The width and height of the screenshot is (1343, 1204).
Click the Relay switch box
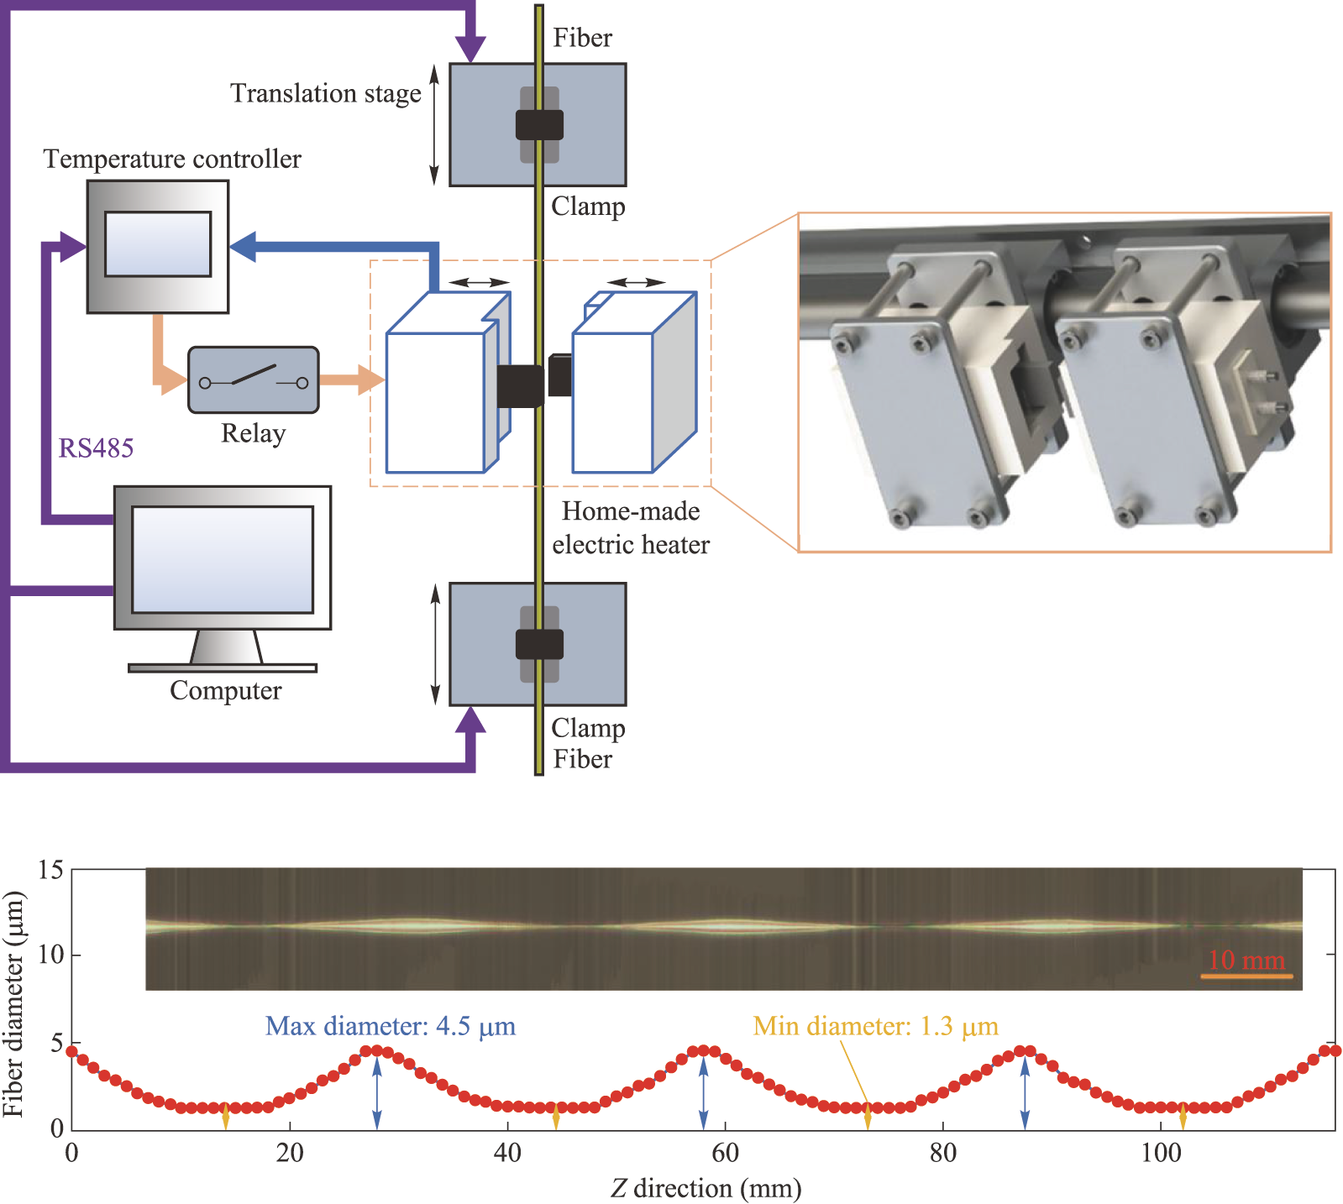(253, 380)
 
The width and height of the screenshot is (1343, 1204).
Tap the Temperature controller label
(172, 160)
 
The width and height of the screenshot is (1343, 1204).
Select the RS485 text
(96, 448)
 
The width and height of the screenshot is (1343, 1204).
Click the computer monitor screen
(223, 559)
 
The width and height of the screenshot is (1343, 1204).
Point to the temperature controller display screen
(158, 243)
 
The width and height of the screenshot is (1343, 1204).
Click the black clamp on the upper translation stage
(539, 125)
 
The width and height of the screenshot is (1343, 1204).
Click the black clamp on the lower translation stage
(539, 644)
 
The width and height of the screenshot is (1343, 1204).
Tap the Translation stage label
(326, 93)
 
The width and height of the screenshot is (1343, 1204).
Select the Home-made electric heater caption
(631, 528)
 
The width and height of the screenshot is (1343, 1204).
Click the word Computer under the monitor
(225, 691)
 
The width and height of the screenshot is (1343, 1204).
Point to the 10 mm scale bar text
(1246, 960)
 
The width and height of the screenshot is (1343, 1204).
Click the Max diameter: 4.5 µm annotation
(391, 1026)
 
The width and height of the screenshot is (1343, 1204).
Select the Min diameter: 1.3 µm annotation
(875, 1026)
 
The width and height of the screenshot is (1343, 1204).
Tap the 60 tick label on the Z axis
(725, 1153)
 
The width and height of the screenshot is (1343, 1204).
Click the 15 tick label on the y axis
(51, 870)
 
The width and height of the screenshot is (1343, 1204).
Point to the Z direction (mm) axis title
(706, 1189)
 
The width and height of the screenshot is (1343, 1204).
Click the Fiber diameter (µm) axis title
(13, 1004)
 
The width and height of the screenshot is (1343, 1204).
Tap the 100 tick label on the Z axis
(1161, 1153)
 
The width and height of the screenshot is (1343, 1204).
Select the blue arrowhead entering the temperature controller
(244, 247)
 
